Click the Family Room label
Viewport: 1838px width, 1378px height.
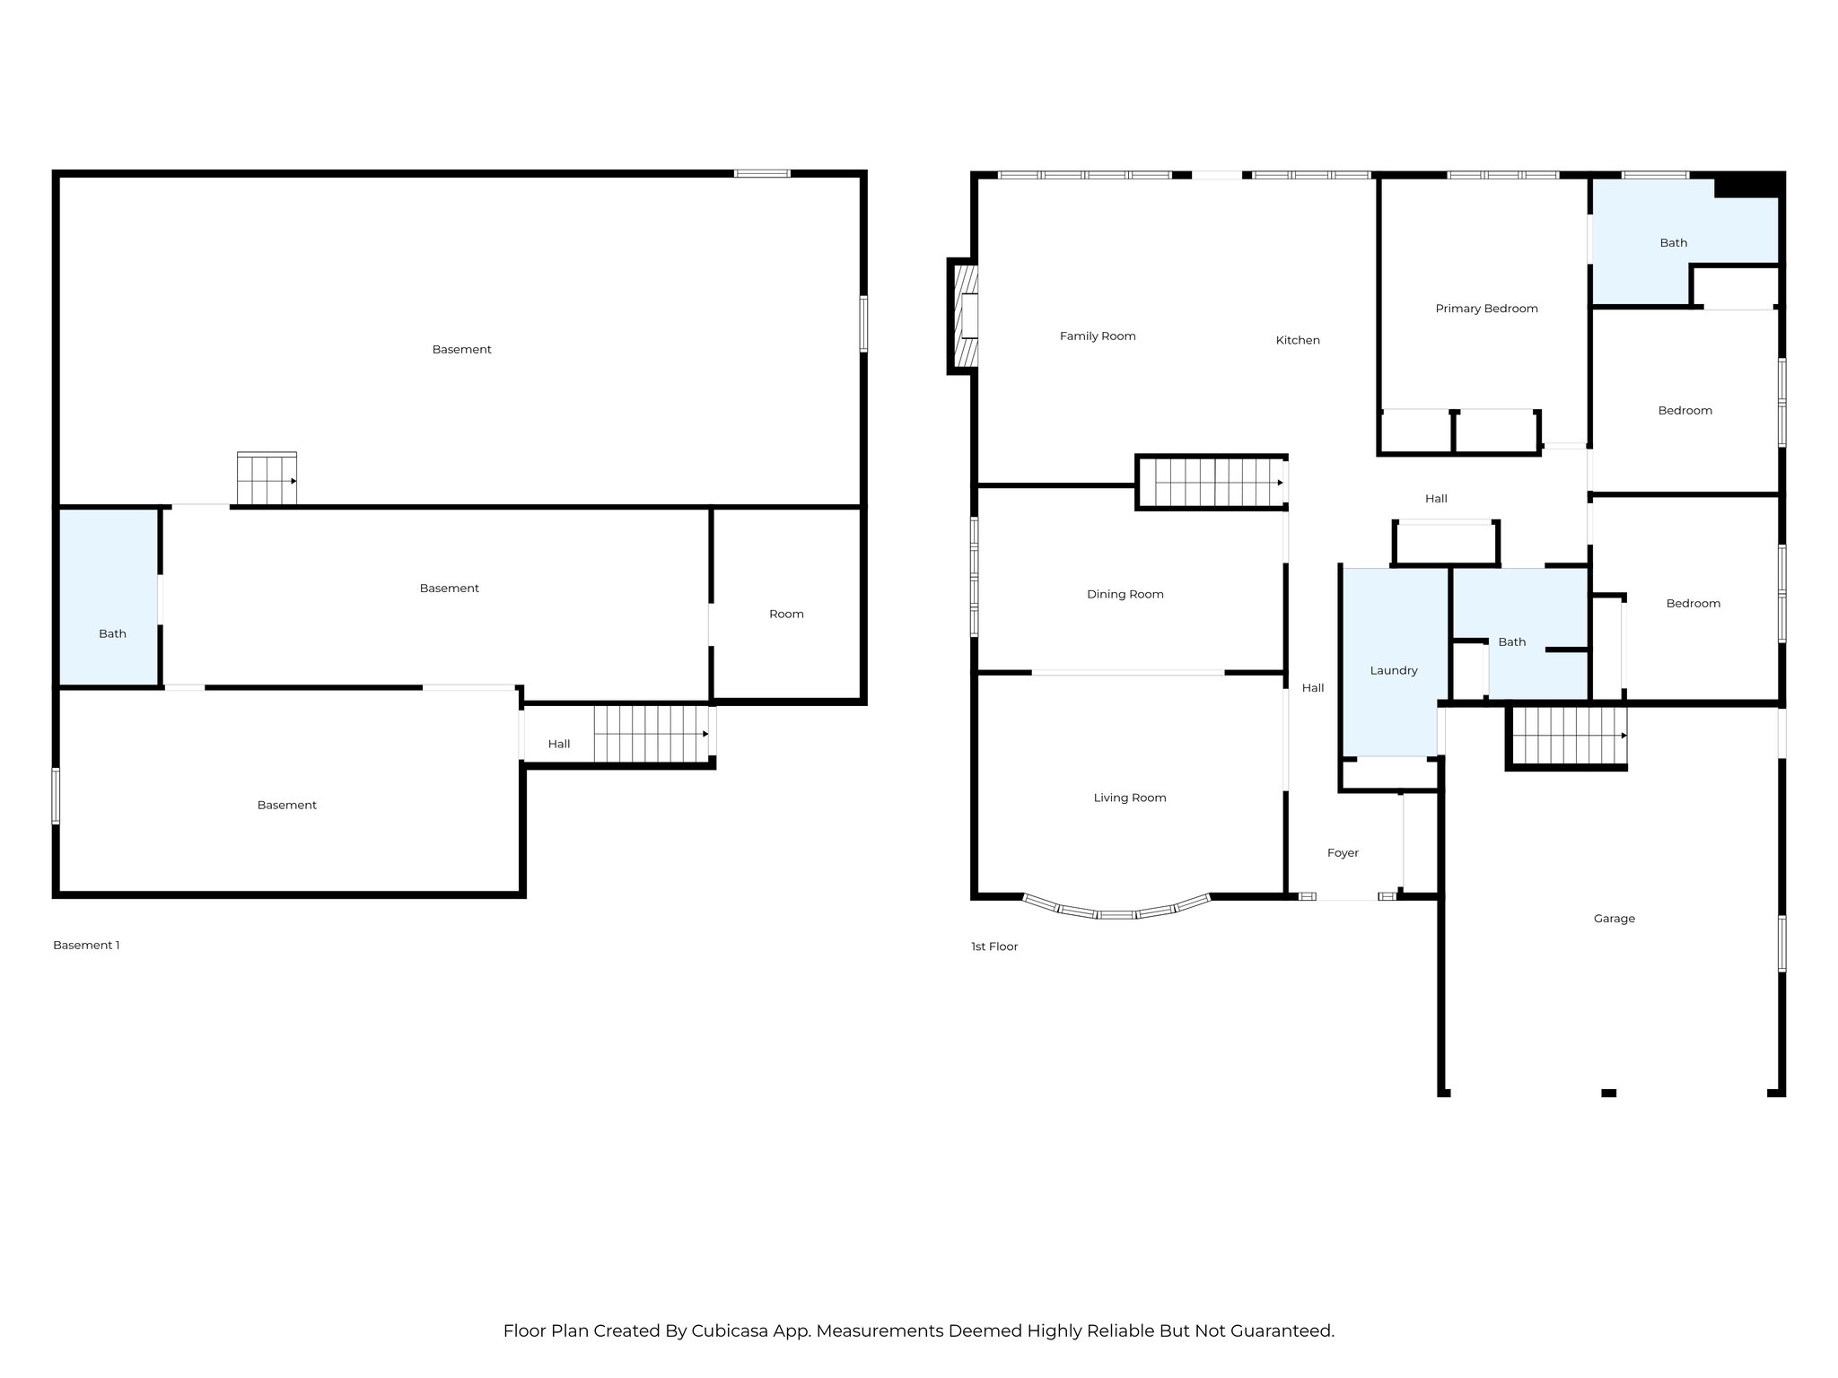click(1097, 336)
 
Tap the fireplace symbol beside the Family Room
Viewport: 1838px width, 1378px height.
click(966, 316)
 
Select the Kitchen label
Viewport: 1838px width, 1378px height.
click(1297, 340)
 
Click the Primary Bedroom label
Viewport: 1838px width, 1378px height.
click(1485, 309)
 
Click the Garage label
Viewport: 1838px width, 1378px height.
click(1614, 919)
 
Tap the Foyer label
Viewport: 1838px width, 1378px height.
click(1342, 853)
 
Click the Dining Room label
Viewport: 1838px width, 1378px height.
click(1124, 594)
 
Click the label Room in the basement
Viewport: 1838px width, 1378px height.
click(785, 615)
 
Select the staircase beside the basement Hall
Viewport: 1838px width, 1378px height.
click(650, 734)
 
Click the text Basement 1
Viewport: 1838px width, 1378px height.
click(86, 945)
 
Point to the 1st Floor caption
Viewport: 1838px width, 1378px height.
click(993, 946)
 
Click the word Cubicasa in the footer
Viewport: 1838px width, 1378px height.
click(728, 1330)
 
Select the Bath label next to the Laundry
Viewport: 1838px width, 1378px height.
click(1511, 642)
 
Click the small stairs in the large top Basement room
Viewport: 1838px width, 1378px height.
click(267, 479)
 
